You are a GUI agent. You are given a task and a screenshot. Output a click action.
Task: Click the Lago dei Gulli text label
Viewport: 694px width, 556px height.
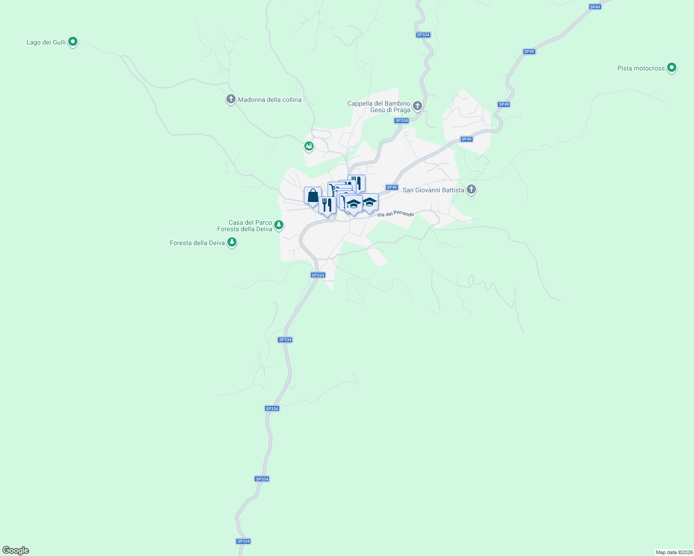(x=46, y=43)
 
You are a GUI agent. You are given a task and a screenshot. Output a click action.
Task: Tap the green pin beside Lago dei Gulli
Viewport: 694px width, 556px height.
(x=72, y=42)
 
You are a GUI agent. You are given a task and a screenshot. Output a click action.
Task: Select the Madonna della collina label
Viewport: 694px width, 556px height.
(x=270, y=100)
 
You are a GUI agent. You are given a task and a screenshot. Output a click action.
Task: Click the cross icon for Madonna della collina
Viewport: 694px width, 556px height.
(x=231, y=99)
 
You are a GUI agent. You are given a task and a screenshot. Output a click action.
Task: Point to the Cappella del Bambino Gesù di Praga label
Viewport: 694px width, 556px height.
(x=379, y=107)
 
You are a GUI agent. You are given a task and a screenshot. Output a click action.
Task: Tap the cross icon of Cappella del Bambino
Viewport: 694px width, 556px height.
(x=418, y=107)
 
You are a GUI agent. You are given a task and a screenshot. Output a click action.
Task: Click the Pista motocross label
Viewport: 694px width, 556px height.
(x=641, y=68)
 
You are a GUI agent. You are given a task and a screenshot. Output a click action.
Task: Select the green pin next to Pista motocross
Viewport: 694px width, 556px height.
(x=671, y=68)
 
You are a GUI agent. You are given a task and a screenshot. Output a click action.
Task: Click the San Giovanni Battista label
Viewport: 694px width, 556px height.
(x=433, y=190)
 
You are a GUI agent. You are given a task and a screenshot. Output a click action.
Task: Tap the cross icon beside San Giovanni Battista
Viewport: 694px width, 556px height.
(x=471, y=190)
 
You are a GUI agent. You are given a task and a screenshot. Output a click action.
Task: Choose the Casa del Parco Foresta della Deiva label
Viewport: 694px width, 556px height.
(x=244, y=226)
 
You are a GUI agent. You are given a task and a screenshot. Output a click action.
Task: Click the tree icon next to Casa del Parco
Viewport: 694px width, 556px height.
(x=278, y=225)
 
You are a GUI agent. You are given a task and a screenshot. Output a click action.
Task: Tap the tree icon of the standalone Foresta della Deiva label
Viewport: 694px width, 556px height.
(x=232, y=242)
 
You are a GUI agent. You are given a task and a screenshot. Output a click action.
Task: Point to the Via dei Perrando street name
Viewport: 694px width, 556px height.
(x=396, y=214)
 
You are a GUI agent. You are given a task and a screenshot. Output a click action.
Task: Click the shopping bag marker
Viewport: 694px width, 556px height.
(x=313, y=196)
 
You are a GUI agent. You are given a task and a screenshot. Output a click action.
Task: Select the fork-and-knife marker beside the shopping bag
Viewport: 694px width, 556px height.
(x=327, y=205)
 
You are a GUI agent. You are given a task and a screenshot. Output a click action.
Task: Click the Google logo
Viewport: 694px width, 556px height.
(x=16, y=550)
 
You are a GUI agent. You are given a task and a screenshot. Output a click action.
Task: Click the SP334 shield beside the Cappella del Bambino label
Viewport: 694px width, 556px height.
(x=401, y=120)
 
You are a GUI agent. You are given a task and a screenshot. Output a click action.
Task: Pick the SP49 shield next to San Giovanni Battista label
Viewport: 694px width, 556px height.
(x=392, y=187)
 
